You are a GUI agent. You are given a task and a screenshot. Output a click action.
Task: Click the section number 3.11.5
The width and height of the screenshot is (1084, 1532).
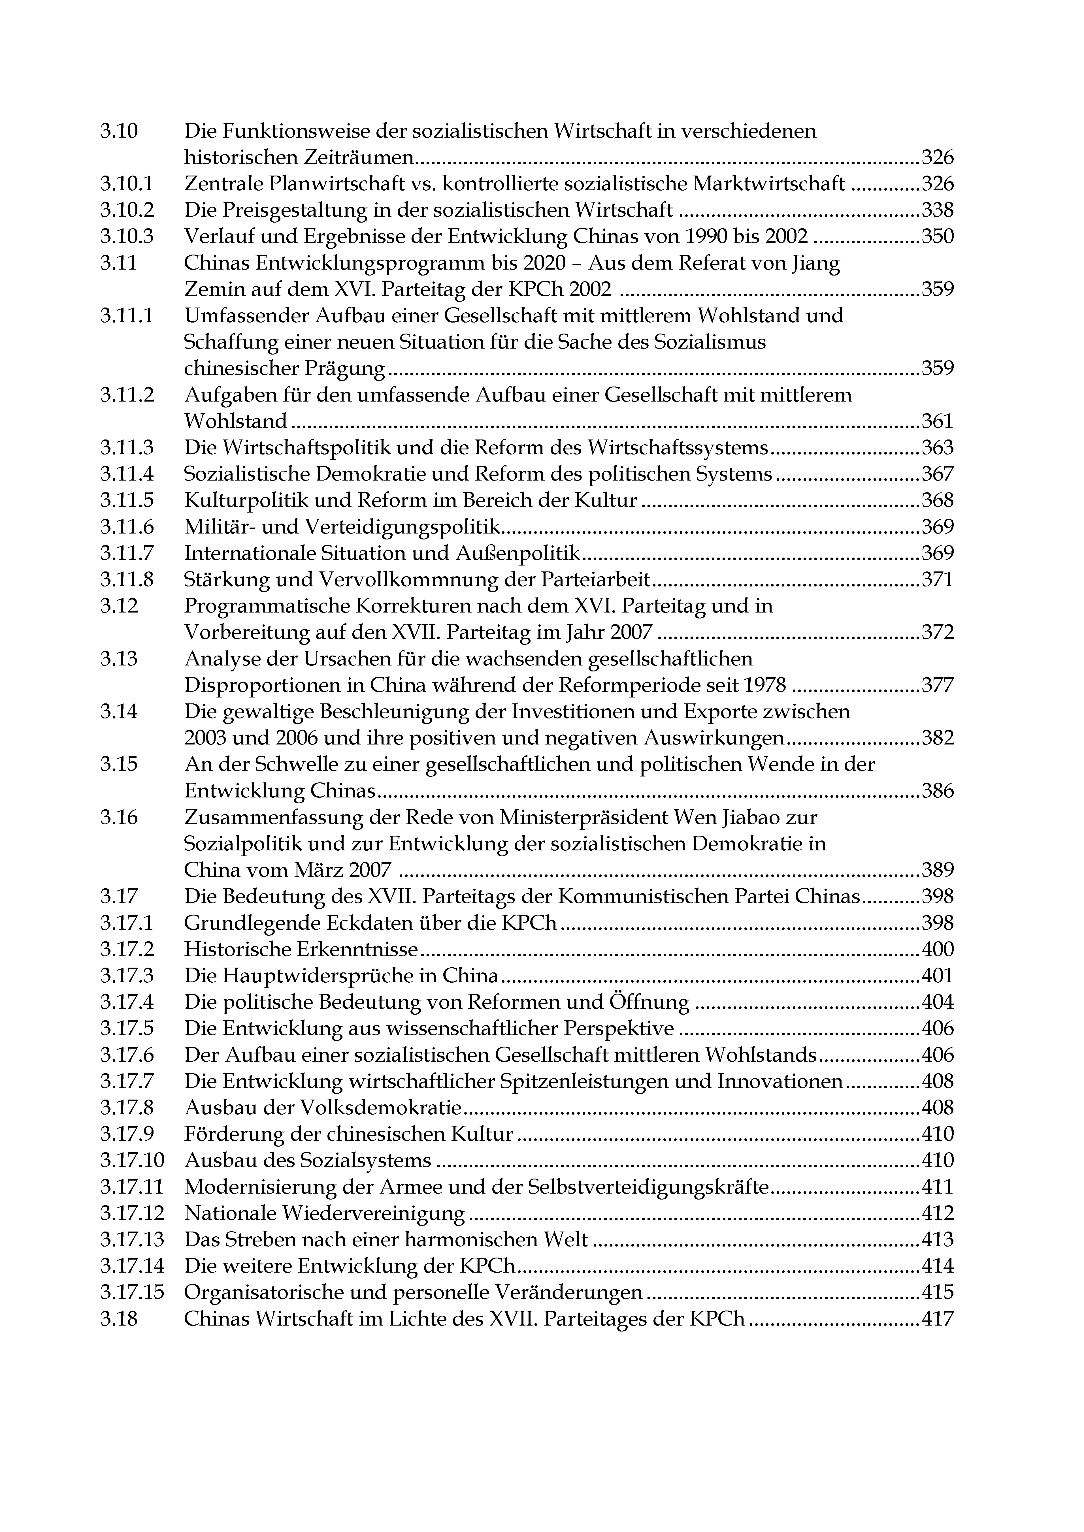127,500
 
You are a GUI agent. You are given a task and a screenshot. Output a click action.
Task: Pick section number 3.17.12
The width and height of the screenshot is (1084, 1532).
132,1213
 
